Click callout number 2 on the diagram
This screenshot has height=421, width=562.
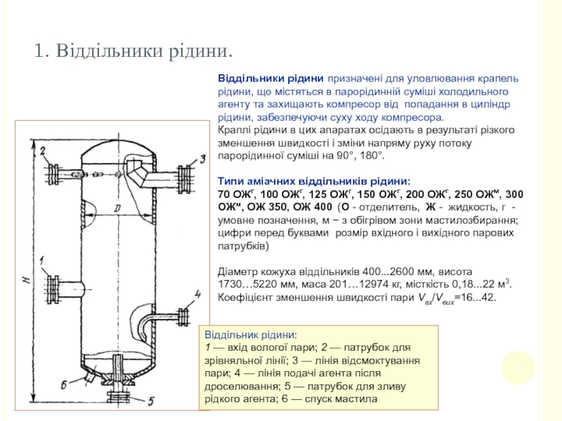(x=43, y=151)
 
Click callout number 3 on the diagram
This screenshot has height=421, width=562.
(x=202, y=159)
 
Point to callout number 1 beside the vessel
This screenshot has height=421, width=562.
(x=43, y=261)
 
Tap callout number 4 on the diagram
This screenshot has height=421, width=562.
(x=199, y=293)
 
